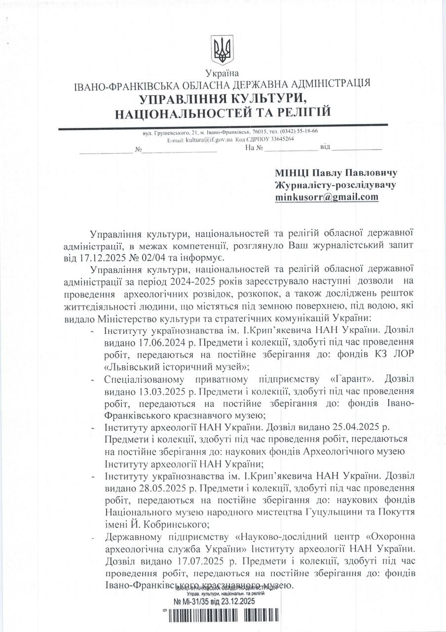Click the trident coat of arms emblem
223,50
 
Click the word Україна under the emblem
223,74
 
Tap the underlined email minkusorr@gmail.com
327,197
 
